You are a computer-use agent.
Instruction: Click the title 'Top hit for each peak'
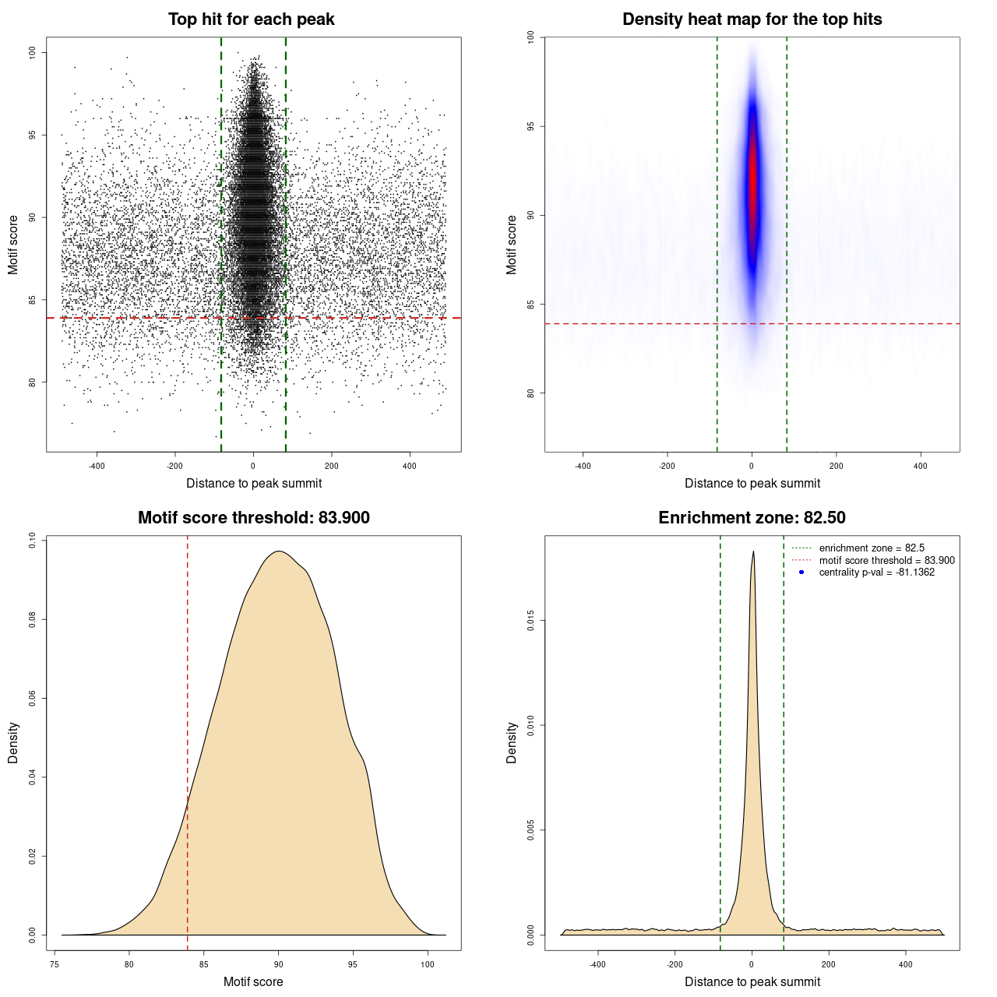pos(251,19)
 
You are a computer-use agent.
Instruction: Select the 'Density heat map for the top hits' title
pos(752,19)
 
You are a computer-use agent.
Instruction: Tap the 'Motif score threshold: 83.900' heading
pos(253,518)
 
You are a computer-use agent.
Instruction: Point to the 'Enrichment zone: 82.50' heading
pos(752,518)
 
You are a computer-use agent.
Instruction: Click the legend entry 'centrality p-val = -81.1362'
pos(876,572)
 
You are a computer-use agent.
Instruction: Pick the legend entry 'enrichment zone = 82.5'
pos(872,548)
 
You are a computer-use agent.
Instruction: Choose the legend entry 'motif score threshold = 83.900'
pos(886,561)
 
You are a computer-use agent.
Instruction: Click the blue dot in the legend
pos(801,572)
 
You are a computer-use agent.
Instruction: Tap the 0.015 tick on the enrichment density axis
pos(531,621)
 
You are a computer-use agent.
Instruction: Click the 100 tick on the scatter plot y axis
pos(33,53)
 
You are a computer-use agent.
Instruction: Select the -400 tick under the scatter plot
pos(97,466)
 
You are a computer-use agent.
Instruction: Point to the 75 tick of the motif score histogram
pos(55,964)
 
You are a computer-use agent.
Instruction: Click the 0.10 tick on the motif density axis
pos(33,541)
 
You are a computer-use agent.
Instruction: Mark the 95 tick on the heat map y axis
pos(531,126)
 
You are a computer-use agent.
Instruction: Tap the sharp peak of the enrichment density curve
pos(752,552)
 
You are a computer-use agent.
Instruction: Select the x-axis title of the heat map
pos(752,484)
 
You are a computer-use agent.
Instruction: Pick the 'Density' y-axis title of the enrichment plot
pos(512,742)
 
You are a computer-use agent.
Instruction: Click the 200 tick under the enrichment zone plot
pos(828,964)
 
